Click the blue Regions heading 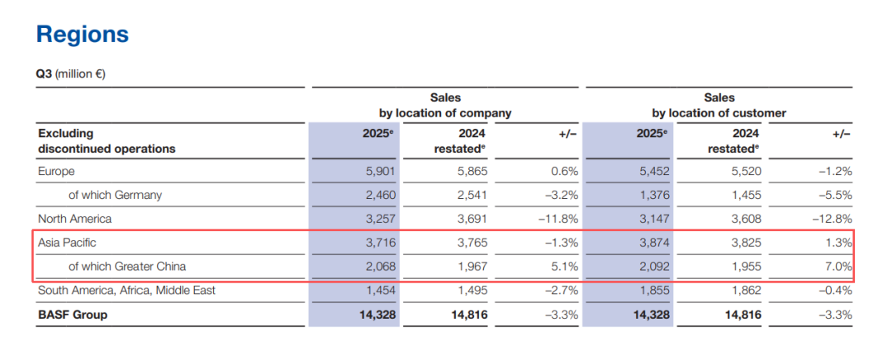pyautogui.click(x=83, y=34)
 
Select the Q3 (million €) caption pyautogui.click(x=70, y=74)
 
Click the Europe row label pyautogui.click(x=56, y=172)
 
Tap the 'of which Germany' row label pyautogui.click(x=115, y=196)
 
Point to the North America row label pyautogui.click(x=74, y=219)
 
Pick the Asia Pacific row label pyautogui.click(x=66, y=243)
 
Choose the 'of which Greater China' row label pyautogui.click(x=127, y=267)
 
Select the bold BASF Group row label pyautogui.click(x=73, y=315)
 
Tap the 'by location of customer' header pyautogui.click(x=719, y=113)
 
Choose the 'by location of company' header pyautogui.click(x=445, y=113)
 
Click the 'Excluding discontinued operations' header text pyautogui.click(x=107, y=140)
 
